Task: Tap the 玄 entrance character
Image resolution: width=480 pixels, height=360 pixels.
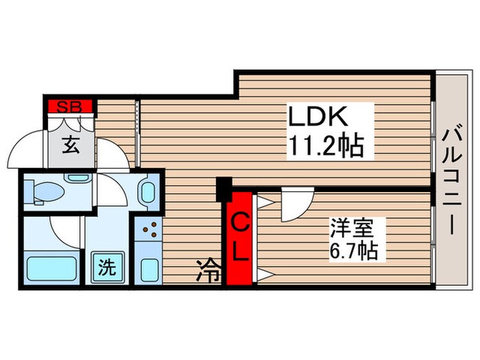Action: pos(71,145)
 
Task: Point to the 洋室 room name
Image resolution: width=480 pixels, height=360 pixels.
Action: pos(348,227)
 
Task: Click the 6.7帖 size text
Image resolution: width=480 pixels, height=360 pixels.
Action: pos(353,250)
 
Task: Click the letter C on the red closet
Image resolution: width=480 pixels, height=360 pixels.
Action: pos(240,223)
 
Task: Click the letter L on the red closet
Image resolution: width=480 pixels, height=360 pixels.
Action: pos(240,253)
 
